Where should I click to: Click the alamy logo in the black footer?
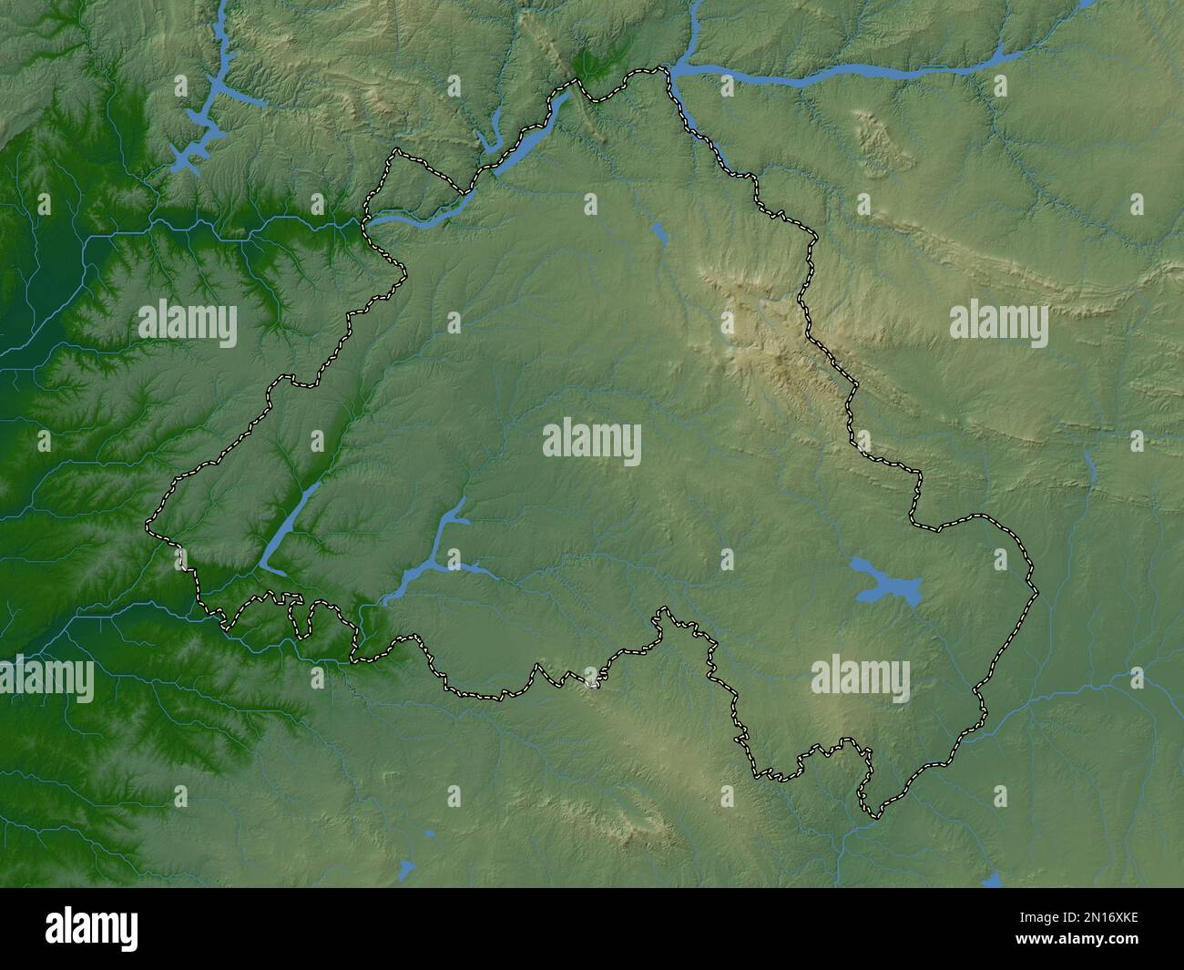pos(93,928)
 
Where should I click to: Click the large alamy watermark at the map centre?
pos(592,442)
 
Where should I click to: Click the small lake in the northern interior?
pos(659,234)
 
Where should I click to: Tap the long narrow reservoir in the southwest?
pos(290,529)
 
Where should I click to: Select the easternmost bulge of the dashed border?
pos(1036,592)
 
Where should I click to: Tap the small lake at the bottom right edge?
pos(993,881)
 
